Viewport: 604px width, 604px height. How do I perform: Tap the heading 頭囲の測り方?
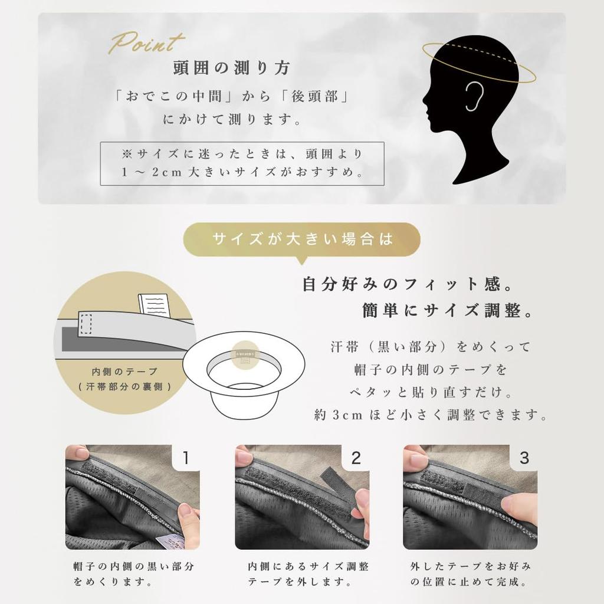pos(231,68)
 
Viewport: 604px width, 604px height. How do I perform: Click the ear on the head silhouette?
pos(474,96)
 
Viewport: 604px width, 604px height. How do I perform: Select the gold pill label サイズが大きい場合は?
pos(301,239)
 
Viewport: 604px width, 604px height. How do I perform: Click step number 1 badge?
pos(186,458)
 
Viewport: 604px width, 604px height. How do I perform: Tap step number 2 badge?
pos(356,458)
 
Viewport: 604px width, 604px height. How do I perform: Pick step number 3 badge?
pos(524,458)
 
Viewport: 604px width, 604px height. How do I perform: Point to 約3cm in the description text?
pos(339,415)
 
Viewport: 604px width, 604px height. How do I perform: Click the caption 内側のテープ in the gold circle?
pos(125,372)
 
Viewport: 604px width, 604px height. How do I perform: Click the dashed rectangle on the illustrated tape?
pos(86,324)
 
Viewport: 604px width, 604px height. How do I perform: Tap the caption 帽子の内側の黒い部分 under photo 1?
pos(133,567)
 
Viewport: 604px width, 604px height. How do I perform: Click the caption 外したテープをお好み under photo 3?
pos(470,567)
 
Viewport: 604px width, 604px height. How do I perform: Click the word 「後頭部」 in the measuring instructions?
pos(314,97)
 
